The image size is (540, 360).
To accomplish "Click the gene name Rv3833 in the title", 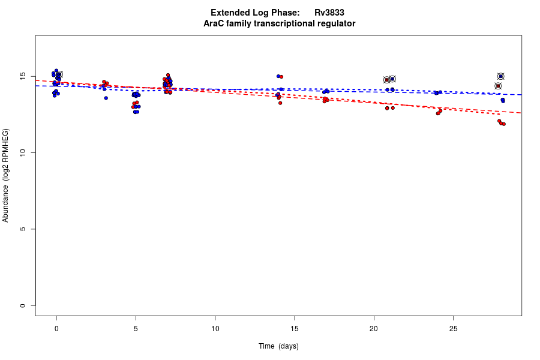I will pyautogui.click(x=329, y=13).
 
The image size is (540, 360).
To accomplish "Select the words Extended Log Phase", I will pyautogui.click(x=255, y=13).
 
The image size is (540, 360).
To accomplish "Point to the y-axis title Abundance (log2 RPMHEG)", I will pyautogui.click(x=6, y=175).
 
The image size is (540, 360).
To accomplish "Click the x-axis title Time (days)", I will pyautogui.click(x=278, y=346).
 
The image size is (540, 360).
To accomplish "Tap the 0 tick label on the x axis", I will pyautogui.click(x=56, y=329).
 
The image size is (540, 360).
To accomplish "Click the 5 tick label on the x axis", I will pyautogui.click(x=136, y=329).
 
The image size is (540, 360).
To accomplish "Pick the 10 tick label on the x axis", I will pyautogui.click(x=215, y=329).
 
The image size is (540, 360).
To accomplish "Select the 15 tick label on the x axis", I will pyautogui.click(x=295, y=329).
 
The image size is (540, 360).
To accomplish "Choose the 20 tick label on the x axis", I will pyautogui.click(x=374, y=329).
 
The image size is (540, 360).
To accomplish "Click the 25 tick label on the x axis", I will pyautogui.click(x=453, y=329).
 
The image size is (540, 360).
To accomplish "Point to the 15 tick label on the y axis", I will pyautogui.click(x=22, y=77).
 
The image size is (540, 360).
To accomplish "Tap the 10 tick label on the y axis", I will pyautogui.click(x=22, y=153).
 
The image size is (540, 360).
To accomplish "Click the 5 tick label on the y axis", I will pyautogui.click(x=22, y=229).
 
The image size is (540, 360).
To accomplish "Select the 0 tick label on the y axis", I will pyautogui.click(x=22, y=305).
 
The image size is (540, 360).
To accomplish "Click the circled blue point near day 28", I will pyautogui.click(x=500, y=76).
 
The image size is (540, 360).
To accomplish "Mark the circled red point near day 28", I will pyautogui.click(x=498, y=86).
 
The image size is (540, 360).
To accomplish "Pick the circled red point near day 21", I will pyautogui.click(x=387, y=80).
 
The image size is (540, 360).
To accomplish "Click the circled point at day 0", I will pyautogui.click(x=59, y=74).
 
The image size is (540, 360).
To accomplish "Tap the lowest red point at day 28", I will pyautogui.click(x=503, y=124).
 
